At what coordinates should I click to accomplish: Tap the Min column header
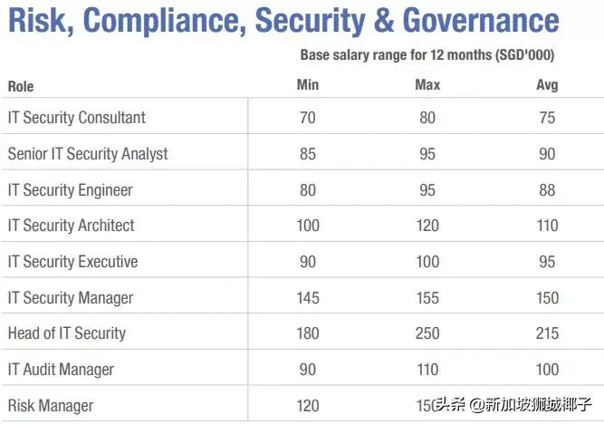[x=308, y=85]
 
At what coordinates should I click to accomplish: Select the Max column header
[x=427, y=85]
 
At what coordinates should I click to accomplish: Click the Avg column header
[x=547, y=85]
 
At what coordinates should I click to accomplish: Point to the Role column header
[x=22, y=87]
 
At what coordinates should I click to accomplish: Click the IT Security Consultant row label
[x=77, y=118]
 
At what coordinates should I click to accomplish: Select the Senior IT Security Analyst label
[x=88, y=154]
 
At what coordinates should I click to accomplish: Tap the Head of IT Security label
[x=67, y=333]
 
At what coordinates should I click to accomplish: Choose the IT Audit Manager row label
[x=62, y=370]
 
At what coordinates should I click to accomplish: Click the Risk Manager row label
[x=51, y=406]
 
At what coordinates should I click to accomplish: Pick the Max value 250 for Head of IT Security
[x=427, y=333]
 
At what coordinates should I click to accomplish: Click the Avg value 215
[x=547, y=333]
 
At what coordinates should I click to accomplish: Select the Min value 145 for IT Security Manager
[x=308, y=297]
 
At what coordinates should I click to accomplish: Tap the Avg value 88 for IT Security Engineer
[x=547, y=190]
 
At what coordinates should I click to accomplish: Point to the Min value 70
[x=308, y=118]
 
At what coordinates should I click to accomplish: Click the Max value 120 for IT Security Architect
[x=427, y=226]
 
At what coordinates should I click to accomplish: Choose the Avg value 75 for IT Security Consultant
[x=547, y=118]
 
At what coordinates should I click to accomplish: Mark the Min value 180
[x=308, y=333]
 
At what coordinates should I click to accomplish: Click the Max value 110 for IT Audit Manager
[x=427, y=370]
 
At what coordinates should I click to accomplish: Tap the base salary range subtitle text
[x=427, y=55]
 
